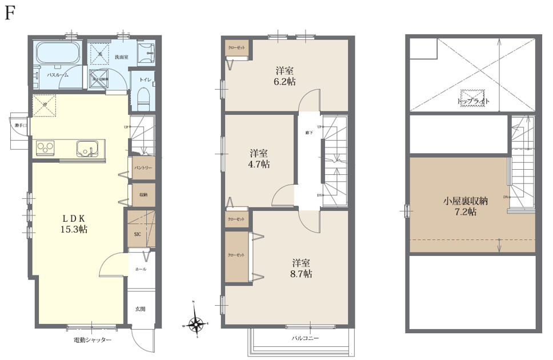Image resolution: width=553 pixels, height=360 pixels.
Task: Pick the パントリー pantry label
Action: tap(142, 168)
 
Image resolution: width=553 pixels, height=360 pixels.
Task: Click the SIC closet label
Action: tap(138, 234)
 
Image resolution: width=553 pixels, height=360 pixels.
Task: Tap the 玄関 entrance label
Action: tap(140, 309)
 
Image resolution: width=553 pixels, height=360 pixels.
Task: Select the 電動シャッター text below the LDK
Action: tap(92, 341)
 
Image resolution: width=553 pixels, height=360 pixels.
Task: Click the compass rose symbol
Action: tap(195, 324)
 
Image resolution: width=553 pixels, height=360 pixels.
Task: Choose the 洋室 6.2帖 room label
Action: tap(285, 77)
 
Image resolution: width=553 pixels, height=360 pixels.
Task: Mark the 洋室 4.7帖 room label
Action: tap(259, 159)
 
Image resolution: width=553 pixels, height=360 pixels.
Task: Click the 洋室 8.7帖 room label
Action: tap(302, 269)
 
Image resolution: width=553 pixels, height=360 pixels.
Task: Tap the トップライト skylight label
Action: tap(474, 101)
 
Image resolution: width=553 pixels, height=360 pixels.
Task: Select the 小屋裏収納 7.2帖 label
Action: tap(467, 206)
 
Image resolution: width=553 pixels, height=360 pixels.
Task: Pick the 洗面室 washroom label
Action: tap(121, 57)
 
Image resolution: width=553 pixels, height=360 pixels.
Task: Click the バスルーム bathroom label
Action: tap(58, 75)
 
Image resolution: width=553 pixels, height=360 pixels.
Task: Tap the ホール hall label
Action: tap(141, 269)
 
